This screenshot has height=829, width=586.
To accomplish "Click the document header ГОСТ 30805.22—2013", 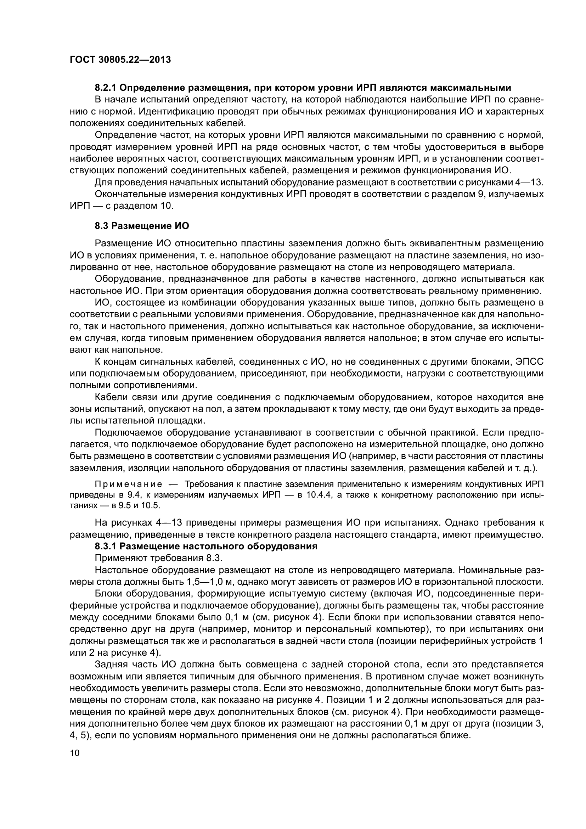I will click(120, 60).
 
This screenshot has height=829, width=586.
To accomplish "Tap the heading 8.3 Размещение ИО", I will click(142, 226).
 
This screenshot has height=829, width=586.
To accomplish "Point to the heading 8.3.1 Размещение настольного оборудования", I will click(206, 546).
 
